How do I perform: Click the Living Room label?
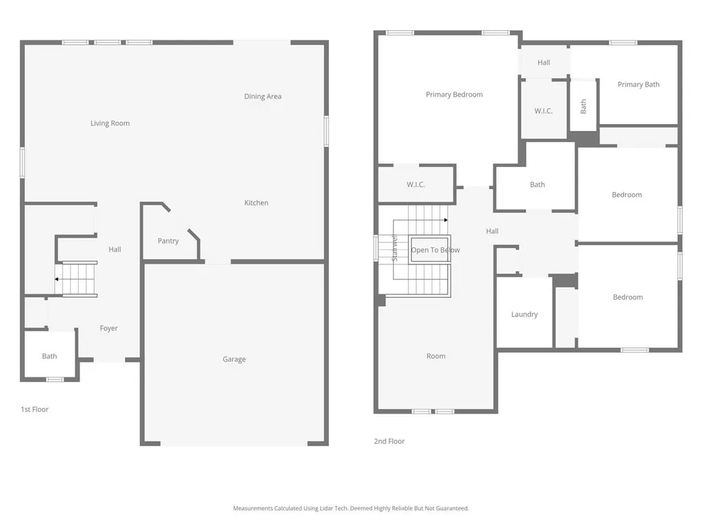click(x=110, y=123)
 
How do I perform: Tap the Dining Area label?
click(x=263, y=97)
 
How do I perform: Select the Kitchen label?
click(x=256, y=203)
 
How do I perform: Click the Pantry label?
click(x=168, y=241)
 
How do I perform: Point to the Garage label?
click(x=234, y=360)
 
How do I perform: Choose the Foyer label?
click(x=108, y=329)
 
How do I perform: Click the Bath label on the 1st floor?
click(x=49, y=356)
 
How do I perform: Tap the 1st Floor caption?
click(x=34, y=410)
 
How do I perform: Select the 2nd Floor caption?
click(x=389, y=442)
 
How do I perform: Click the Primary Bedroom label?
click(x=454, y=95)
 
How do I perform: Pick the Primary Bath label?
click(x=638, y=85)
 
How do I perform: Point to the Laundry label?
click(x=524, y=314)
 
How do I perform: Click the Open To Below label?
click(x=435, y=250)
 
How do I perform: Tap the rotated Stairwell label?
click(x=394, y=248)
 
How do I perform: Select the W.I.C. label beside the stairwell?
click(x=415, y=185)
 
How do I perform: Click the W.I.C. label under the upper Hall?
click(x=543, y=111)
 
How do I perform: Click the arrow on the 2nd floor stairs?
click(x=445, y=220)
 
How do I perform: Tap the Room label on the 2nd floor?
click(x=435, y=356)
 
